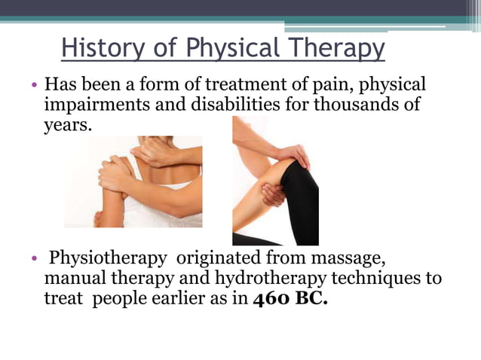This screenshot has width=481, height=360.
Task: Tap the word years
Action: (67, 124)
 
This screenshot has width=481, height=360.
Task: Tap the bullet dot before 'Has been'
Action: (34, 84)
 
